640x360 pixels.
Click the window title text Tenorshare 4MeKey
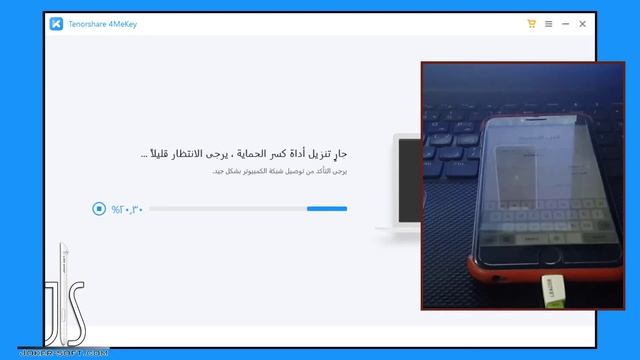[103, 23]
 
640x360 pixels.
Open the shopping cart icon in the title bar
[531, 23]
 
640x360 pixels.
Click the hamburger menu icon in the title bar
[549, 23]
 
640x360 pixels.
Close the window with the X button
[583, 23]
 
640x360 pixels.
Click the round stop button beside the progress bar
[98, 209]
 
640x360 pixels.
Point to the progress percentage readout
[128, 209]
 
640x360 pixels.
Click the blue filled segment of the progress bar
[327, 209]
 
